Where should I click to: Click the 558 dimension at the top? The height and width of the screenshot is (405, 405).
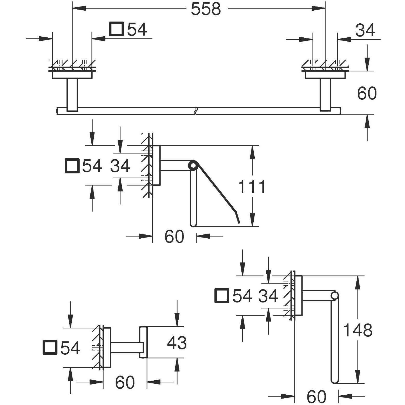point(206,9)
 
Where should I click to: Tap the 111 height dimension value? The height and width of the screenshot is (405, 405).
point(252,186)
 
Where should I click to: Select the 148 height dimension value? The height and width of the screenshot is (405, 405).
point(358,330)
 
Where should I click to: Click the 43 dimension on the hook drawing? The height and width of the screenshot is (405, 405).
point(177,342)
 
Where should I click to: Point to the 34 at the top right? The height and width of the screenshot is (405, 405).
point(365,30)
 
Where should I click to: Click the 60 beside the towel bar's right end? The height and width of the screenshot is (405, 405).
point(367,93)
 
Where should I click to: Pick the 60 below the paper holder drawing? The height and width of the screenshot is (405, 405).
point(174,237)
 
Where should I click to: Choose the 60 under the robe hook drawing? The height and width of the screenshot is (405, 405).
point(125,382)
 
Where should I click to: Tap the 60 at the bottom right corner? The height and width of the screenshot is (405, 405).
point(316,396)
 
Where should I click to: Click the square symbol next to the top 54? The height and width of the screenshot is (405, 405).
point(117,29)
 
